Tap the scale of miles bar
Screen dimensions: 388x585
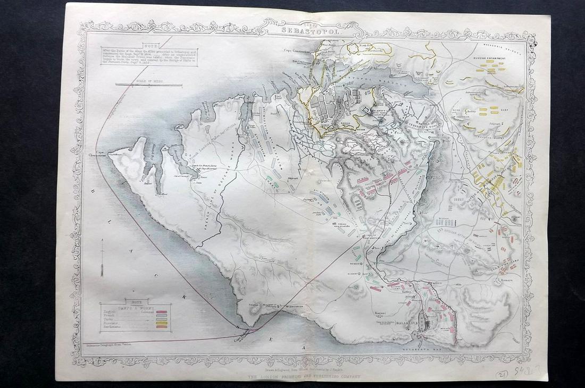tap(149, 85)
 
